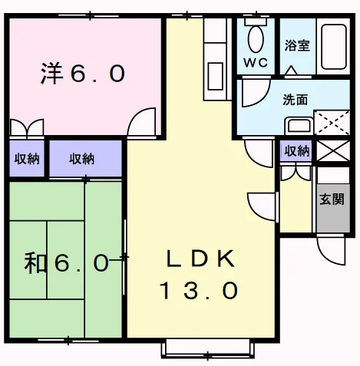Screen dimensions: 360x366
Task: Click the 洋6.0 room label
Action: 83,74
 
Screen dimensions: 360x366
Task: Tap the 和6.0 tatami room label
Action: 67,262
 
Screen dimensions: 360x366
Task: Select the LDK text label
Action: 200,259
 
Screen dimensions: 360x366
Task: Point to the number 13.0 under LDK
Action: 199,290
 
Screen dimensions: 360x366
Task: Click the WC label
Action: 256,63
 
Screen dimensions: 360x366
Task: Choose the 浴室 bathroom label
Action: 297,45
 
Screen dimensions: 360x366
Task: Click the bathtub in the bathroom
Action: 334,47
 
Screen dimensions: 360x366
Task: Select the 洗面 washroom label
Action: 295,100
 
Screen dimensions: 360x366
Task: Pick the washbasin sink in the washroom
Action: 299,126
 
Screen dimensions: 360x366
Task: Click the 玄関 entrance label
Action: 332,199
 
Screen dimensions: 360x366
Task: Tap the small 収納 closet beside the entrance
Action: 296,151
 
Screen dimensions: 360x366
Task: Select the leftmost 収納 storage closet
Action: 27,159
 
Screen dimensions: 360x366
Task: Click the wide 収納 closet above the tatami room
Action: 85,159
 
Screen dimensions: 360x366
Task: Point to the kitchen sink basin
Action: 216,76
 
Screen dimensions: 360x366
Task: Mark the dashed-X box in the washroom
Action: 332,123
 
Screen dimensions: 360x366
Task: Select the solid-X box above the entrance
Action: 333,150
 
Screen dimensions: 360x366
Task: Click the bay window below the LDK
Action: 208,348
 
